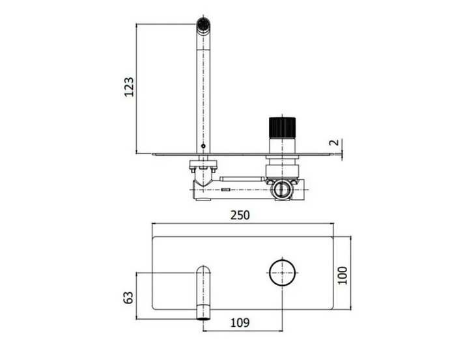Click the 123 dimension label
click(x=129, y=87)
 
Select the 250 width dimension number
click(x=240, y=215)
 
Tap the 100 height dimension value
click(x=343, y=275)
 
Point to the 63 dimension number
click(x=128, y=298)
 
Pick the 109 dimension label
click(x=240, y=323)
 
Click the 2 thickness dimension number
click(x=334, y=143)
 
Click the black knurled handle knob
click(x=283, y=128)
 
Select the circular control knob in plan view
click(x=283, y=272)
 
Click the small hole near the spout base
click(x=203, y=146)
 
